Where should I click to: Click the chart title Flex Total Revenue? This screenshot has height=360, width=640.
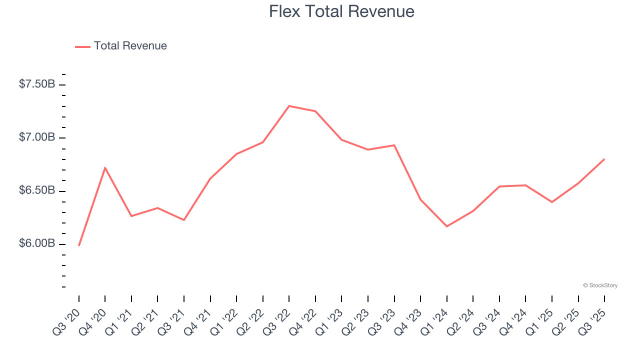[x=341, y=11]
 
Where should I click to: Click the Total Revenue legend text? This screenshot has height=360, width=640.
[x=130, y=46]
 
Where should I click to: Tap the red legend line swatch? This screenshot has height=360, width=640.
[x=82, y=46]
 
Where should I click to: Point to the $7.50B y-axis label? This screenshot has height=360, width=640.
[x=37, y=84]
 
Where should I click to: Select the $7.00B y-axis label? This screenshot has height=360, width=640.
[x=37, y=137]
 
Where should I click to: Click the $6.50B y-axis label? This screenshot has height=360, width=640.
[x=37, y=190]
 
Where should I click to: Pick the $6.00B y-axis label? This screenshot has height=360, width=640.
[x=37, y=243]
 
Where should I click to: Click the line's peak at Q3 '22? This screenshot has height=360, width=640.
[x=289, y=106]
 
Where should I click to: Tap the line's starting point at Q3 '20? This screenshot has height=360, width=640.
[x=79, y=245]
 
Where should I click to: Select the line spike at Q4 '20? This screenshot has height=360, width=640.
[x=105, y=167]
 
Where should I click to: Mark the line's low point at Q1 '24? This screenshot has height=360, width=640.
[x=447, y=226]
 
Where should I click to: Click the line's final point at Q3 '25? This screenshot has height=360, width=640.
[x=604, y=159]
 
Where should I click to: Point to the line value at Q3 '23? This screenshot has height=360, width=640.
[x=394, y=145]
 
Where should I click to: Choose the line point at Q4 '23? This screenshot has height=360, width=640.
[x=420, y=199]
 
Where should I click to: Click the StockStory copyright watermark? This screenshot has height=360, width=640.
[x=600, y=285]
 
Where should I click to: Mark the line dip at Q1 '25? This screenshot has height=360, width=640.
[x=552, y=202]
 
